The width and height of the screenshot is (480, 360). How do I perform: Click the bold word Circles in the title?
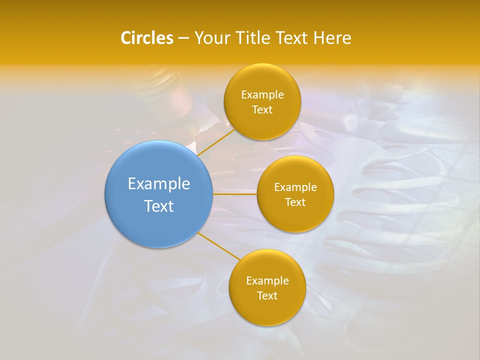click(147, 38)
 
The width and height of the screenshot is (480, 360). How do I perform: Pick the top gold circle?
click(262, 122)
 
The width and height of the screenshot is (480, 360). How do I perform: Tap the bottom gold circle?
click(267, 310)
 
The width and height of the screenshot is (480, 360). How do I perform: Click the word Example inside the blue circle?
click(159, 184)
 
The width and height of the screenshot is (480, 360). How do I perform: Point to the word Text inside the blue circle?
click(159, 206)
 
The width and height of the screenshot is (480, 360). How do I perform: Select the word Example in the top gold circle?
click(262, 95)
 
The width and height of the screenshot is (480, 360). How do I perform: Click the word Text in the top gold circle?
click(262, 110)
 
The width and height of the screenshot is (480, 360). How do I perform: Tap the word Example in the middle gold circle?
click(295, 187)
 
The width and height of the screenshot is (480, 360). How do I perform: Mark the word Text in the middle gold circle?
click(295, 202)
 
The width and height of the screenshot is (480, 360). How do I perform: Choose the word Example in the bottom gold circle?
click(267, 281)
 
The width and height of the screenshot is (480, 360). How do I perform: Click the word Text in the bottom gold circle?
click(267, 296)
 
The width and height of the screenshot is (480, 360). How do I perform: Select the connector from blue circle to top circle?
click(216, 142)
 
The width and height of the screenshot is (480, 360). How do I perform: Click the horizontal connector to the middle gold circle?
click(235, 194)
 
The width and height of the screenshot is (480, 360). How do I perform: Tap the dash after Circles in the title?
click(183, 38)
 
